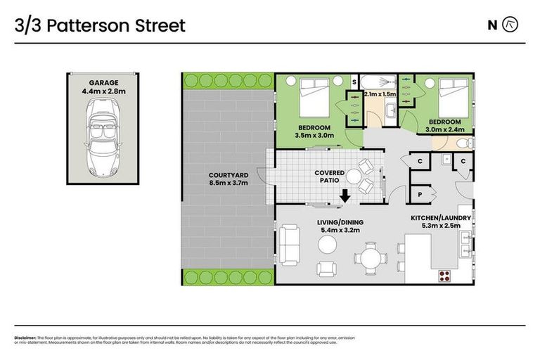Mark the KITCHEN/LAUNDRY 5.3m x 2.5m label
pos(441,223)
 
